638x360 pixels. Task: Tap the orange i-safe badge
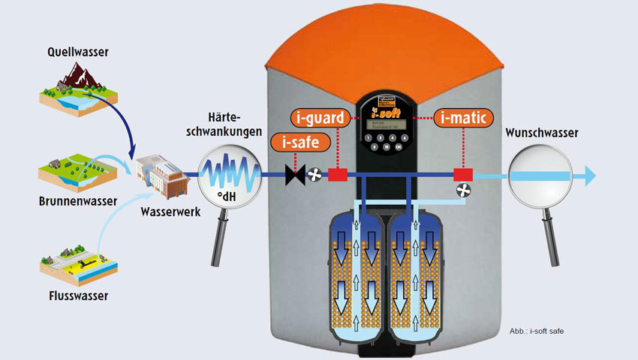[x=299, y=142]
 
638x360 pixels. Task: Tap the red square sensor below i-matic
[x=462, y=175]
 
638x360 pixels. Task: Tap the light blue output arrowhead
[x=590, y=175]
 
